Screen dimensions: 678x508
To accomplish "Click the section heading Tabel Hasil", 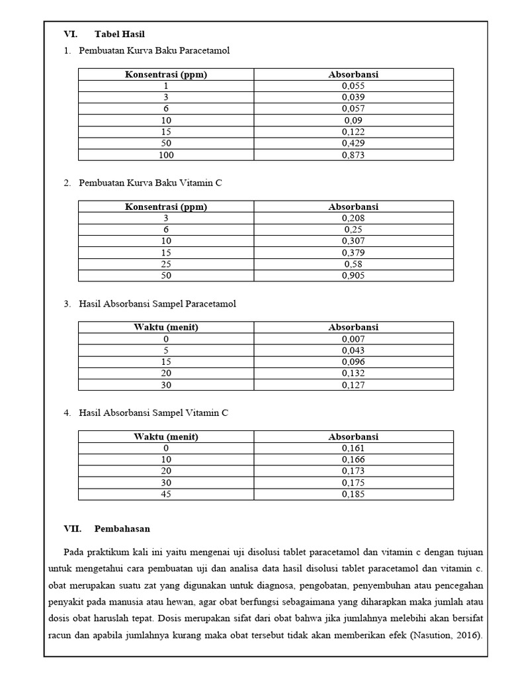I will pos(119,34).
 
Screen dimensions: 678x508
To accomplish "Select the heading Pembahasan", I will pos(122,528).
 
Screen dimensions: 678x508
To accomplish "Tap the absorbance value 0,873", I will pos(353,155).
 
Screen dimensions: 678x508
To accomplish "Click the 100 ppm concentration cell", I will pos(166,155).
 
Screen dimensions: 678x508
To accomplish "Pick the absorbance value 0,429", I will pos(353,144).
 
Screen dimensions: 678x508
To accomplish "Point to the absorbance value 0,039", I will pos(353,97).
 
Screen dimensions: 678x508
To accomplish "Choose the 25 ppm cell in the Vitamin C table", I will pos(166,264).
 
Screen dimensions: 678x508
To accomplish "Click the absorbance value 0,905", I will pos(353,275).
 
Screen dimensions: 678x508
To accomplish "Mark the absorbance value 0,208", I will pos(353,218).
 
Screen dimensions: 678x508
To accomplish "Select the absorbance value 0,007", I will pos(353,339).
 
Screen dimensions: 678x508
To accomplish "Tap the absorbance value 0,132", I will pos(353,373).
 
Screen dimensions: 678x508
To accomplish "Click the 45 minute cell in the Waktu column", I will pos(166,494).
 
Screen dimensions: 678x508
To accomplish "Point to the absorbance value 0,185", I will pos(353,494).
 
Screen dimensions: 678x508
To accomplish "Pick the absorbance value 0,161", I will pos(353,448).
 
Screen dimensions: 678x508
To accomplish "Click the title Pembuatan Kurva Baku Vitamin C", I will pos(150,183).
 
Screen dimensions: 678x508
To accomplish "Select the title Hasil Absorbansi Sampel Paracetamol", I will pos(157,304).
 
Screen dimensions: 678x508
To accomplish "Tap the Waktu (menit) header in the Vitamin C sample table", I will pos(166,437).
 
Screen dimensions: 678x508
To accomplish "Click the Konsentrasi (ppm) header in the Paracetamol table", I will pos(166,75).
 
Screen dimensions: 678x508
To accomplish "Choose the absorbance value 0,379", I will pos(353,253).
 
